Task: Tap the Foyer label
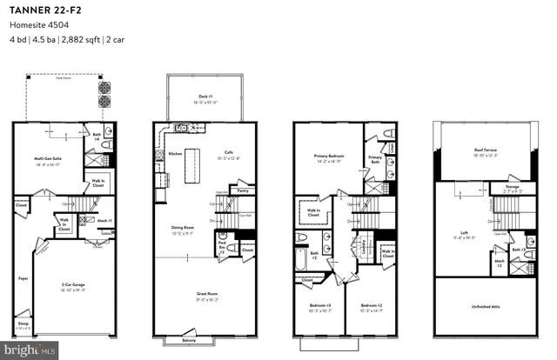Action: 22,279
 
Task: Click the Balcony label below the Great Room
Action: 185,340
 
